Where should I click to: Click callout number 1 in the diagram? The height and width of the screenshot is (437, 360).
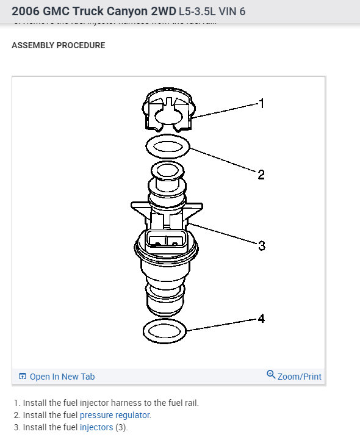click(262, 104)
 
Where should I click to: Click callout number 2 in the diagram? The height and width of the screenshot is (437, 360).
click(261, 175)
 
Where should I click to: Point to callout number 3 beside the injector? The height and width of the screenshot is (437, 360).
click(262, 246)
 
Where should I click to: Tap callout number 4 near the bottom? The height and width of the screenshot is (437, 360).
click(262, 318)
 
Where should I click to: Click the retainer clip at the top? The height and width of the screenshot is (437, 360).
click(168, 110)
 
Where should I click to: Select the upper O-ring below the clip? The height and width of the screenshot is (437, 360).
click(168, 146)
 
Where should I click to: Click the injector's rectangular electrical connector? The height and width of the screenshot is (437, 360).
click(167, 239)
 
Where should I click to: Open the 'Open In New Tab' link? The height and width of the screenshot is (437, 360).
click(62, 377)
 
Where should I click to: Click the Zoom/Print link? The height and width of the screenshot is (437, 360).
click(299, 377)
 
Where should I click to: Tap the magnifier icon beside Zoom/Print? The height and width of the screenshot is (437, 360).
click(271, 375)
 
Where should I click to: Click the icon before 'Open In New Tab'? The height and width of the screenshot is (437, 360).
click(23, 377)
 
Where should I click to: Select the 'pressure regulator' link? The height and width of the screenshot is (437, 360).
click(115, 415)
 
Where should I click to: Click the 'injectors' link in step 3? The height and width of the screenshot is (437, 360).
click(96, 427)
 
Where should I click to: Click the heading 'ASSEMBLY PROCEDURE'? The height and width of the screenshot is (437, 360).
click(59, 46)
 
